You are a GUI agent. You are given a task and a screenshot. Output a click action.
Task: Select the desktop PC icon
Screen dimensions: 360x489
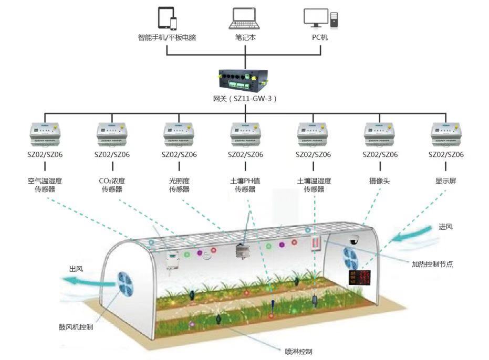[320, 18]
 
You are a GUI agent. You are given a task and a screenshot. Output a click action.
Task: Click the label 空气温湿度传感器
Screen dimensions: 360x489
[45, 185]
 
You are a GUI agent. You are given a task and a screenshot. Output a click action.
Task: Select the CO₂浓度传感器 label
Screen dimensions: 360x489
[112, 185]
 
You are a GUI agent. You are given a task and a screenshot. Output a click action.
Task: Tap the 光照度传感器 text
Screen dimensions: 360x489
[179, 185]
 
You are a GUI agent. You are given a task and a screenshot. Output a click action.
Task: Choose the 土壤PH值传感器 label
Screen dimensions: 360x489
[245, 185]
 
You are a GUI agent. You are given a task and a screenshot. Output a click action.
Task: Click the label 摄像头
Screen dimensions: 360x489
[380, 181]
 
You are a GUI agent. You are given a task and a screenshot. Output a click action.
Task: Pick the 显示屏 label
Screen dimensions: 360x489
[446, 181]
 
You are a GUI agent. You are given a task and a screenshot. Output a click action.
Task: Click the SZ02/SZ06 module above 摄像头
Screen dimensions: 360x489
[380, 135]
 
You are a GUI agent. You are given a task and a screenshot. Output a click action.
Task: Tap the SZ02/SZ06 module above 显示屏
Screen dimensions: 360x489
[446, 135]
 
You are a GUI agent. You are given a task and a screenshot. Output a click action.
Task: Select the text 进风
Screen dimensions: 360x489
[445, 227]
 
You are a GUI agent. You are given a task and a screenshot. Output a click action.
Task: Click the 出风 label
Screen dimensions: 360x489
[76, 269]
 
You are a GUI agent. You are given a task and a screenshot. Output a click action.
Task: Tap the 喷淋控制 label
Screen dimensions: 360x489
[298, 351]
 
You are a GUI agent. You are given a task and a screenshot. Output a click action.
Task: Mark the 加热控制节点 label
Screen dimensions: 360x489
[432, 264]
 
